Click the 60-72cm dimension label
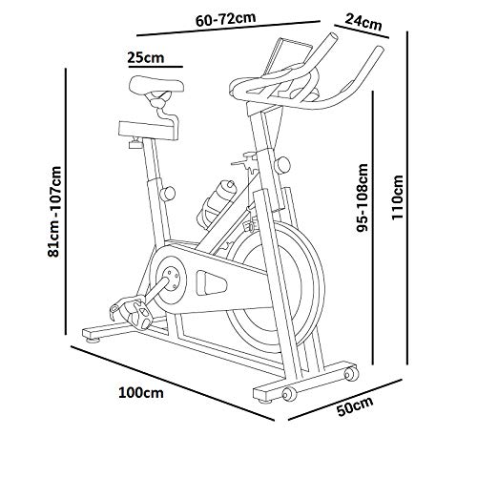click(x=225, y=20)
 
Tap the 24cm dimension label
click(x=363, y=23)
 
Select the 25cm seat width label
click(x=146, y=57)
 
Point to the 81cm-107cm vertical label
click(x=54, y=212)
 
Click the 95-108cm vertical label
click(x=363, y=197)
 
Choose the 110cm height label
click(x=397, y=197)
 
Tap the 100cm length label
click(x=141, y=392)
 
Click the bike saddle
click(x=156, y=85)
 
